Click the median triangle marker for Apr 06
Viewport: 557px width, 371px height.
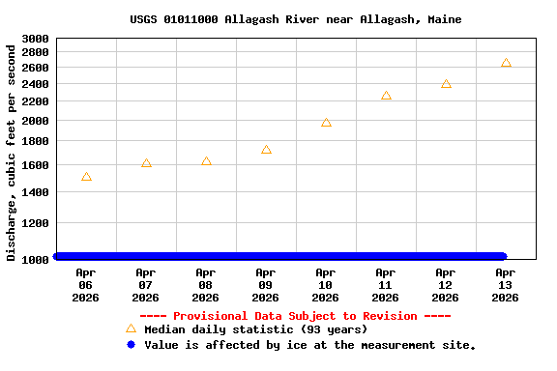(x=86, y=177)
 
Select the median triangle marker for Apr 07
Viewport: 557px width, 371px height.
(x=146, y=163)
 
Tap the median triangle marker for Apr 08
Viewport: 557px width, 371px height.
(x=206, y=161)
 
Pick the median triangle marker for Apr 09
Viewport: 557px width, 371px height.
(x=266, y=150)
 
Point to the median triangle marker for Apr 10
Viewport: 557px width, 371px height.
(x=326, y=123)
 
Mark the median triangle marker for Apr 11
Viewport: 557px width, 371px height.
(x=386, y=96)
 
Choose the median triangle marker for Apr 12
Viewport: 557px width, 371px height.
(x=446, y=84)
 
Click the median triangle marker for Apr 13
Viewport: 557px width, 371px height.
(x=506, y=63)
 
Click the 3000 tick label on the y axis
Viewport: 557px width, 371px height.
(x=35, y=39)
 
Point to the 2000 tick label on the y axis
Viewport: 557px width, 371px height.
(x=35, y=121)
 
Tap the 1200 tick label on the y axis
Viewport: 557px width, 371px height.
(x=35, y=223)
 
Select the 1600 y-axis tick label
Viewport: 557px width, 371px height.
(x=35, y=165)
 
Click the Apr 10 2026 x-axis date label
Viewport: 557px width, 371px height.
(x=326, y=285)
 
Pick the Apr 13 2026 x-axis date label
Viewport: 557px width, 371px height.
(x=506, y=285)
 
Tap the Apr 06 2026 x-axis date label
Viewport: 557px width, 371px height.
(x=86, y=285)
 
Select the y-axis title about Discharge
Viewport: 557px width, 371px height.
(x=12, y=152)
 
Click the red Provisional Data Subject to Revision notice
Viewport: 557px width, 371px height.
(x=296, y=316)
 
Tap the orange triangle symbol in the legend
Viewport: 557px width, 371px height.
(x=131, y=328)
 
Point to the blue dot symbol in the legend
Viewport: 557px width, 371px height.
(x=131, y=344)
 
